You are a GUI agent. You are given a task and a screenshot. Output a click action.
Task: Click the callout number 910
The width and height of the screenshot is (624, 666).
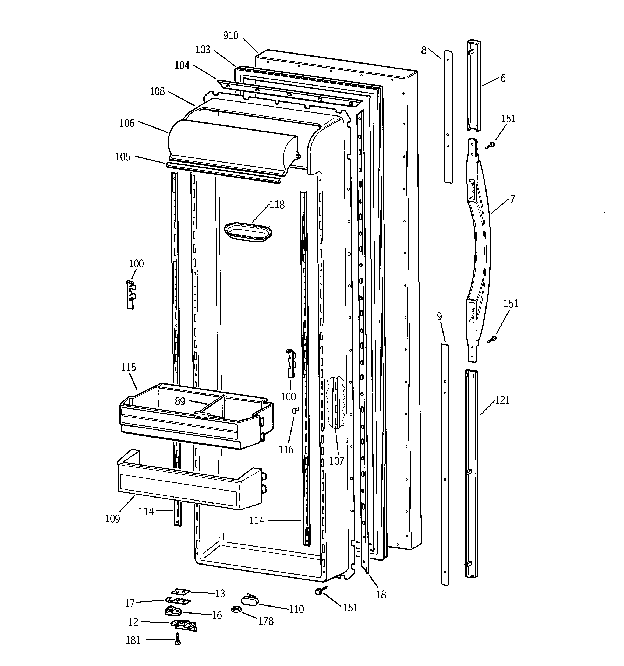[x=231, y=36]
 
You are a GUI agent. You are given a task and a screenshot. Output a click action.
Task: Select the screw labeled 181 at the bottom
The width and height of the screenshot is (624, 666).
[x=178, y=640]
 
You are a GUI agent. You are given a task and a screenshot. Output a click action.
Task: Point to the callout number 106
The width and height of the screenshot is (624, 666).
[x=127, y=123]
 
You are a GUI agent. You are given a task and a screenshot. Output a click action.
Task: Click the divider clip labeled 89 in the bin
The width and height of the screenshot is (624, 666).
[x=202, y=415]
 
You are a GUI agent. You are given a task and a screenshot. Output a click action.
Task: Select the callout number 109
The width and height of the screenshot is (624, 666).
[x=112, y=519]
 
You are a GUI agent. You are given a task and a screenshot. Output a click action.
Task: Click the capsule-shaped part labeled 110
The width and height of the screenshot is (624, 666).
[x=250, y=600]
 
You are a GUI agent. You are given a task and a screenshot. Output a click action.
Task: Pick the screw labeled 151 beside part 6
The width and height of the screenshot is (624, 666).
[x=491, y=145]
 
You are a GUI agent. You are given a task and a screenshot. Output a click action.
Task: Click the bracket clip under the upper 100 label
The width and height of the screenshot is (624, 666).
[x=131, y=294]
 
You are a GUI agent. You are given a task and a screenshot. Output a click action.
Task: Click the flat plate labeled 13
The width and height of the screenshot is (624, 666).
[x=180, y=592]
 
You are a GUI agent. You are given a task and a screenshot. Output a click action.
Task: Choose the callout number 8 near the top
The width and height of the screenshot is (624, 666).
[x=424, y=50]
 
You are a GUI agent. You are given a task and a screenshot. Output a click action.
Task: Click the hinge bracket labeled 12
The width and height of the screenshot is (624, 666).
[x=183, y=624]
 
